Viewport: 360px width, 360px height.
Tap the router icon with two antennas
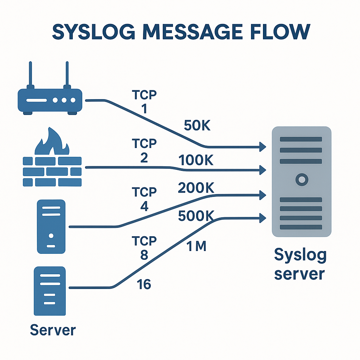pyautogui.click(x=50, y=100)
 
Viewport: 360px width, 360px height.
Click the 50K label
pyautogui.click(x=197, y=126)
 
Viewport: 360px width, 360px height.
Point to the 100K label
pyautogui.click(x=196, y=160)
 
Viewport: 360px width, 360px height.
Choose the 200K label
pyautogui.click(x=196, y=188)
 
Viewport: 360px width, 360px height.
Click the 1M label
pyautogui.click(x=195, y=247)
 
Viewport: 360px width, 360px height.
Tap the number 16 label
pyautogui.click(x=143, y=284)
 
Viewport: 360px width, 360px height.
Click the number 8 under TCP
pyautogui.click(x=144, y=255)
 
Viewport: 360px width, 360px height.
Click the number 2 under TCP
pyautogui.click(x=144, y=158)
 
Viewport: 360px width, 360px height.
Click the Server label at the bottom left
pyautogui.click(x=53, y=330)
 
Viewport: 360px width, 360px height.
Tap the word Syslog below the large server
pyautogui.click(x=300, y=256)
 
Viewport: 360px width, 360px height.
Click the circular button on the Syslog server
pyautogui.click(x=301, y=180)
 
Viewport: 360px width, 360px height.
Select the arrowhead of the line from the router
pyautogui.click(x=263, y=147)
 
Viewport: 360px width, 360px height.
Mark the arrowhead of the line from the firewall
pyautogui.click(x=263, y=170)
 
